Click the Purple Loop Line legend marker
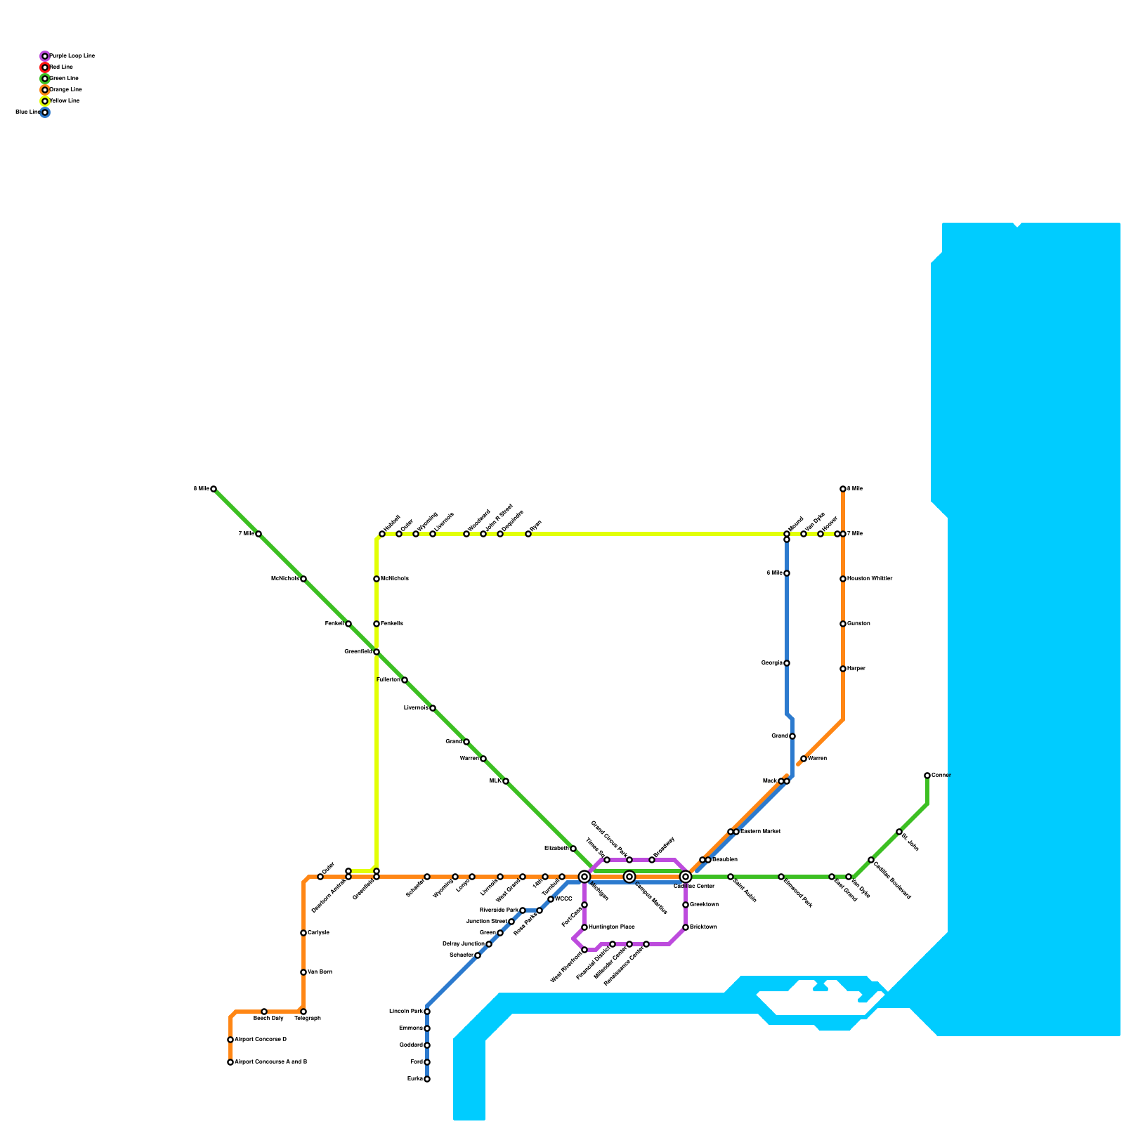[45, 56]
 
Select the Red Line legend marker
[45, 67]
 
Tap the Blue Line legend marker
[45, 112]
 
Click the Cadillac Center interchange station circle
[686, 877]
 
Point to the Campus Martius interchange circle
[629, 877]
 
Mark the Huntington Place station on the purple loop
[584, 927]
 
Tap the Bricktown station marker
[686, 927]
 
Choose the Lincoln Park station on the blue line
[427, 1012]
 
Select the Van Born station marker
[303, 972]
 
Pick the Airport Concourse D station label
[261, 1040]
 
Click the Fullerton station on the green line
[405, 680]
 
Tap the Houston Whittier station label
[870, 579]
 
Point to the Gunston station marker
[843, 624]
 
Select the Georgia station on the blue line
[787, 663]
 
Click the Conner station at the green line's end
[927, 776]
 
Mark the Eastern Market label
[760, 832]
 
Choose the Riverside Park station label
[498, 910]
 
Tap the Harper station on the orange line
[843, 669]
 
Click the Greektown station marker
[686, 905]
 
